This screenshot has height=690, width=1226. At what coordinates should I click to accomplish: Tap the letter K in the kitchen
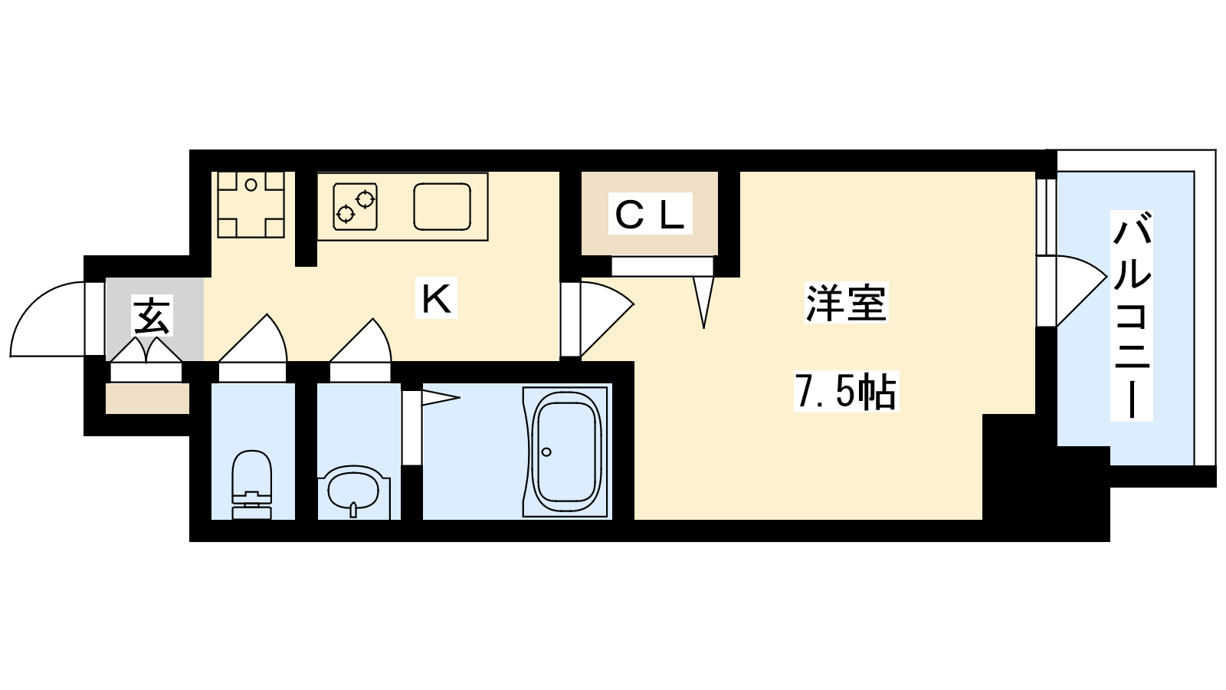pyautogui.click(x=436, y=298)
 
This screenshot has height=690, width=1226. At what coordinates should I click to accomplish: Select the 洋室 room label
pyautogui.click(x=846, y=302)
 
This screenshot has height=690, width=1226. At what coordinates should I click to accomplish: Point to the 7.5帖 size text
pyautogui.click(x=846, y=392)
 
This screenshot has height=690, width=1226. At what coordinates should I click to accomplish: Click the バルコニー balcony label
pyautogui.click(x=1132, y=316)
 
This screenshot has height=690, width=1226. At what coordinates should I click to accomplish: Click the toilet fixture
pyautogui.click(x=252, y=484)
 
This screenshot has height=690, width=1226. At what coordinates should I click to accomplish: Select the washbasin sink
pyautogui.click(x=353, y=491)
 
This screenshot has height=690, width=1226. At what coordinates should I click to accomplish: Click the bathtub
pyautogui.click(x=566, y=452)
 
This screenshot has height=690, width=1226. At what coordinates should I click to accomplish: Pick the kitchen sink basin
pyautogui.click(x=442, y=206)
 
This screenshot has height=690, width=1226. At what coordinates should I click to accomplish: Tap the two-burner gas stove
pyautogui.click(x=355, y=206)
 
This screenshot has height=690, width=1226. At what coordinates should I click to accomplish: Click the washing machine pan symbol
pyautogui.click(x=251, y=204)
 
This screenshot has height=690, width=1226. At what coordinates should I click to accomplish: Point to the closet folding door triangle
pyautogui.click(x=703, y=301)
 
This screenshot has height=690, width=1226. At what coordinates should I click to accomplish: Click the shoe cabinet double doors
pyautogui.click(x=146, y=350)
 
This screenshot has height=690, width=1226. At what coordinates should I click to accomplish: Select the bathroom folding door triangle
pyautogui.click(x=440, y=398)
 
